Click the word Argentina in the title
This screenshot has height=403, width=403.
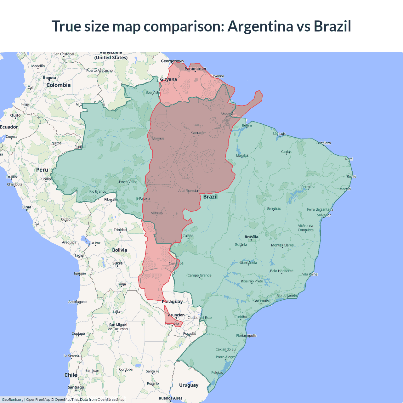[260, 26]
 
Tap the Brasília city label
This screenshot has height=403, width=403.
[251, 237]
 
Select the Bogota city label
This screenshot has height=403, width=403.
[49, 78]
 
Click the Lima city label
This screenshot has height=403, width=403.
[27, 207]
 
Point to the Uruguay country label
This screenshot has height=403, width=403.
[189, 385]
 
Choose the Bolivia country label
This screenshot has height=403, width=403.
[120, 250]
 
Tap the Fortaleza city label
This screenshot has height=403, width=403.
[324, 143]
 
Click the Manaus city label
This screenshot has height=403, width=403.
[158, 138]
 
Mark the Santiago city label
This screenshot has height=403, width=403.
[76, 387]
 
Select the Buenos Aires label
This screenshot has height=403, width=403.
[170, 398]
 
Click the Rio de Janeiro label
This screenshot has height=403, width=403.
[287, 296]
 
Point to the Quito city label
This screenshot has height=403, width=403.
[15, 115]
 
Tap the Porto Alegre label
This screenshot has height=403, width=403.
[225, 357]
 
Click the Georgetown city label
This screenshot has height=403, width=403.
[172, 61]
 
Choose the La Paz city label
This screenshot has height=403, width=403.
[95, 243]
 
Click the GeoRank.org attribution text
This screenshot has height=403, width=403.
[13, 400]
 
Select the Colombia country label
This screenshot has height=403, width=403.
[59, 85]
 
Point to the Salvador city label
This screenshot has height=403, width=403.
[324, 215]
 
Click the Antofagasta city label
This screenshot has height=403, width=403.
[78, 302]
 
